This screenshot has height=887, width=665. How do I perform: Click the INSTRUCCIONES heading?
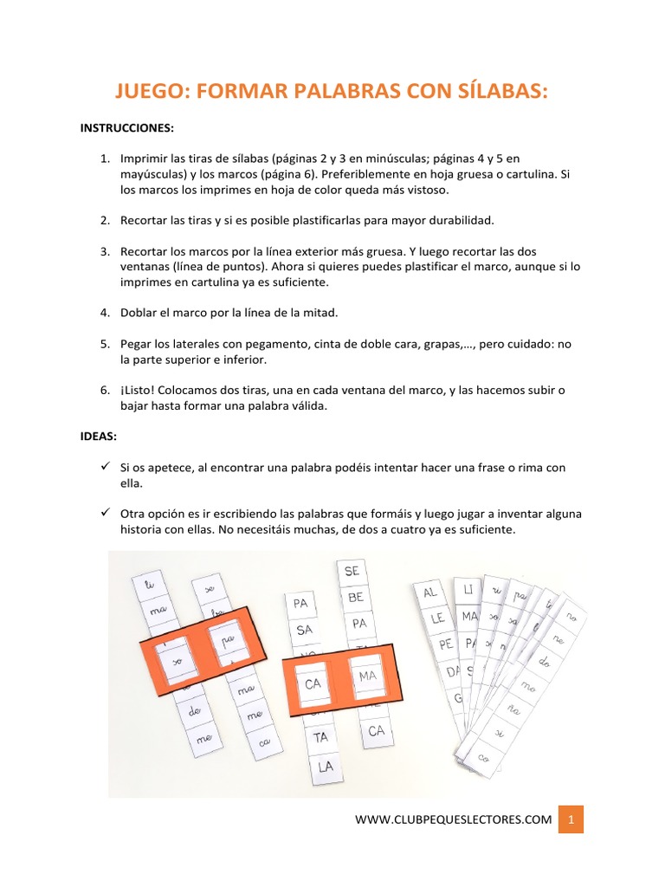pos(127,128)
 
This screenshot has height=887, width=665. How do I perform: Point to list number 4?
pos(104,312)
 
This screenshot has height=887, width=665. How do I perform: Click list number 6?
pos(104,391)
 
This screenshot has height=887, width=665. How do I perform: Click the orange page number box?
pos(571,819)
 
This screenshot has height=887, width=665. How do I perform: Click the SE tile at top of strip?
pos(352,572)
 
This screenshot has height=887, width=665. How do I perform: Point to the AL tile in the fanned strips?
pos(429,592)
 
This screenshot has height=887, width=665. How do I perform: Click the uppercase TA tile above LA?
pos(321,737)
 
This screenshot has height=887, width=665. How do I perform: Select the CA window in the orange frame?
pos(313,683)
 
